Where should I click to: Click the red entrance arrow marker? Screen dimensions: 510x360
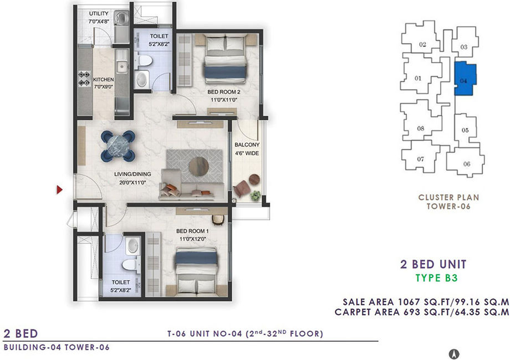coord(59,189)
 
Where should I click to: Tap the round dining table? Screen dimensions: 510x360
coord(118,146)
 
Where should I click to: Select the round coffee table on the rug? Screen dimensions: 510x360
coord(198,166)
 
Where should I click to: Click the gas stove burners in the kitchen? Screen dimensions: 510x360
coord(84,79)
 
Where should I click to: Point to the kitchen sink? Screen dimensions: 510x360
coord(123,66)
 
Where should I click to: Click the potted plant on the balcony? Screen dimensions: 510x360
coord(256,196)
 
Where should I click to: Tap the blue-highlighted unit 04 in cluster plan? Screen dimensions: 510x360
coord(465,79)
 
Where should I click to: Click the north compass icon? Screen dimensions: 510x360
coord(454,353)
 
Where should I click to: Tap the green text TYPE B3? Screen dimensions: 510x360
coord(436,278)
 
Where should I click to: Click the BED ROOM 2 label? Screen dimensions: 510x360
coord(224,92)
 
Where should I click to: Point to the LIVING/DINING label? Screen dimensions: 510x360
coord(132,174)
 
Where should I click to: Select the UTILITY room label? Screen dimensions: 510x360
coord(99,14)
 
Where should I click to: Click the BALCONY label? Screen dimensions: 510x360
coord(247,145)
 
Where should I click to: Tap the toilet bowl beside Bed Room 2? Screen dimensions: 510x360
coord(144,61)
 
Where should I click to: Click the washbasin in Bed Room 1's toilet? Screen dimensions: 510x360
coord(132,246)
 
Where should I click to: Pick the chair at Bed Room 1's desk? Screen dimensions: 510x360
coord(218,220)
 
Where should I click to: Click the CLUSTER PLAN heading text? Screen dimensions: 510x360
coord(448,197)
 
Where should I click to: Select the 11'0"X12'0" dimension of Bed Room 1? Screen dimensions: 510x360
coord(193,239)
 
